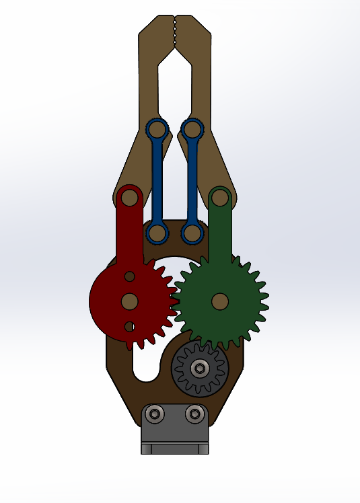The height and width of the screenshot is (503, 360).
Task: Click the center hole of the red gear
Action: [129, 301]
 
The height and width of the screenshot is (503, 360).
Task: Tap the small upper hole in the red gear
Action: [129, 276]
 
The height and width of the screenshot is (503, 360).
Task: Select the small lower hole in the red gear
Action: [129, 327]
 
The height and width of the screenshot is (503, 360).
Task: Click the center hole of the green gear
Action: [219, 301]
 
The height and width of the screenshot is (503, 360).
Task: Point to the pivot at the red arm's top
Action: [129, 198]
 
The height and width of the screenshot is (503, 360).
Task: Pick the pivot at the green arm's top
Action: [220, 198]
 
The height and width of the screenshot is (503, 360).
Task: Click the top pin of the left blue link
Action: [157, 128]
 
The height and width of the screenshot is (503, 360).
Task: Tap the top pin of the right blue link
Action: [192, 128]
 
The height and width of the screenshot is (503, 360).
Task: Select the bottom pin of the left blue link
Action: [157, 233]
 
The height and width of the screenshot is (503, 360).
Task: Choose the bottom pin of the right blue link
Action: [192, 233]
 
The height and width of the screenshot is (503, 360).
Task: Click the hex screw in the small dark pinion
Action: [200, 367]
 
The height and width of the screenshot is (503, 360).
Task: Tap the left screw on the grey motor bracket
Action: [156, 414]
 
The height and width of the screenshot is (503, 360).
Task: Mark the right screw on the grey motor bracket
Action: [194, 414]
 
